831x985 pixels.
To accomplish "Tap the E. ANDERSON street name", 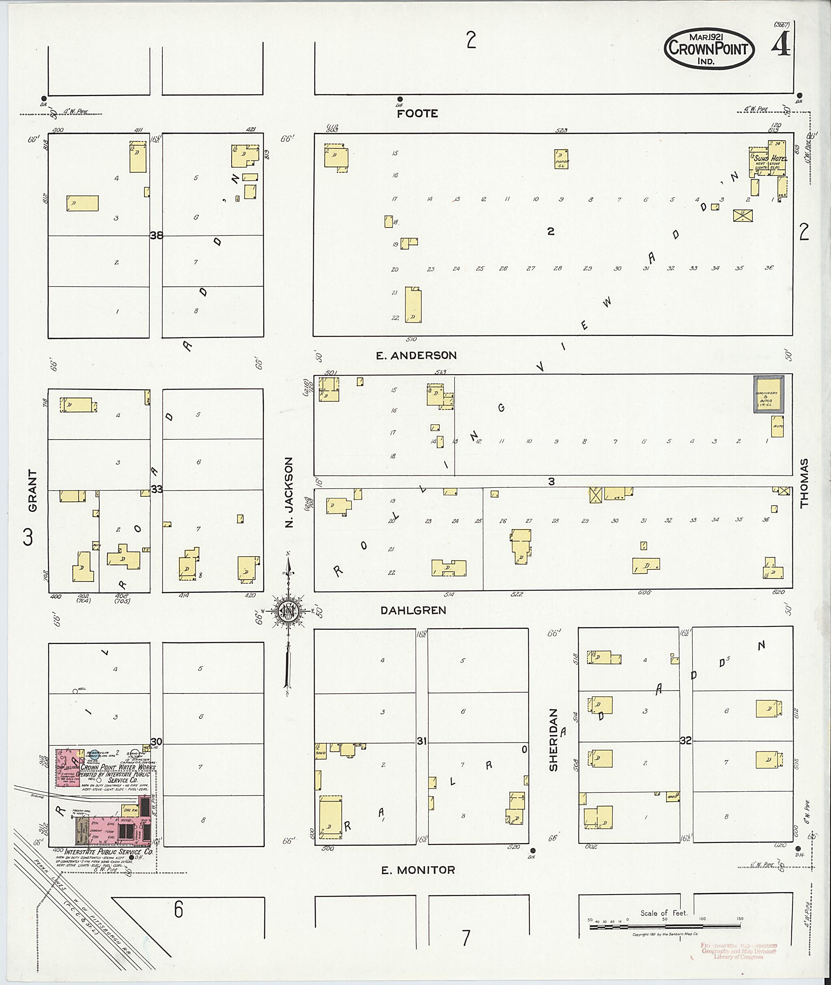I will [416, 356].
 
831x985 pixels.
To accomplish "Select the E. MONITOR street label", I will [418, 870].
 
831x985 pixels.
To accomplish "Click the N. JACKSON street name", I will [289, 491].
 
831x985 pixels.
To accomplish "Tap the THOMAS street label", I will [804, 483].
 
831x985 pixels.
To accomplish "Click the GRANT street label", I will [32, 490].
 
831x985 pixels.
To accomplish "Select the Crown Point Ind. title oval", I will [709, 49].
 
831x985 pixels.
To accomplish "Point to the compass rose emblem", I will [287, 611].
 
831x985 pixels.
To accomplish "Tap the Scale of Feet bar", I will [664, 927].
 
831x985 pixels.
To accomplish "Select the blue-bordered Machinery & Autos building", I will [769, 395].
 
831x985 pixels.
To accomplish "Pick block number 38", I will [156, 235].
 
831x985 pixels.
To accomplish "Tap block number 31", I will [422, 741].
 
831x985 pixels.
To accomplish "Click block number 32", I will [685, 740].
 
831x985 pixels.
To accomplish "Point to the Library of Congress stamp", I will [738, 951].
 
